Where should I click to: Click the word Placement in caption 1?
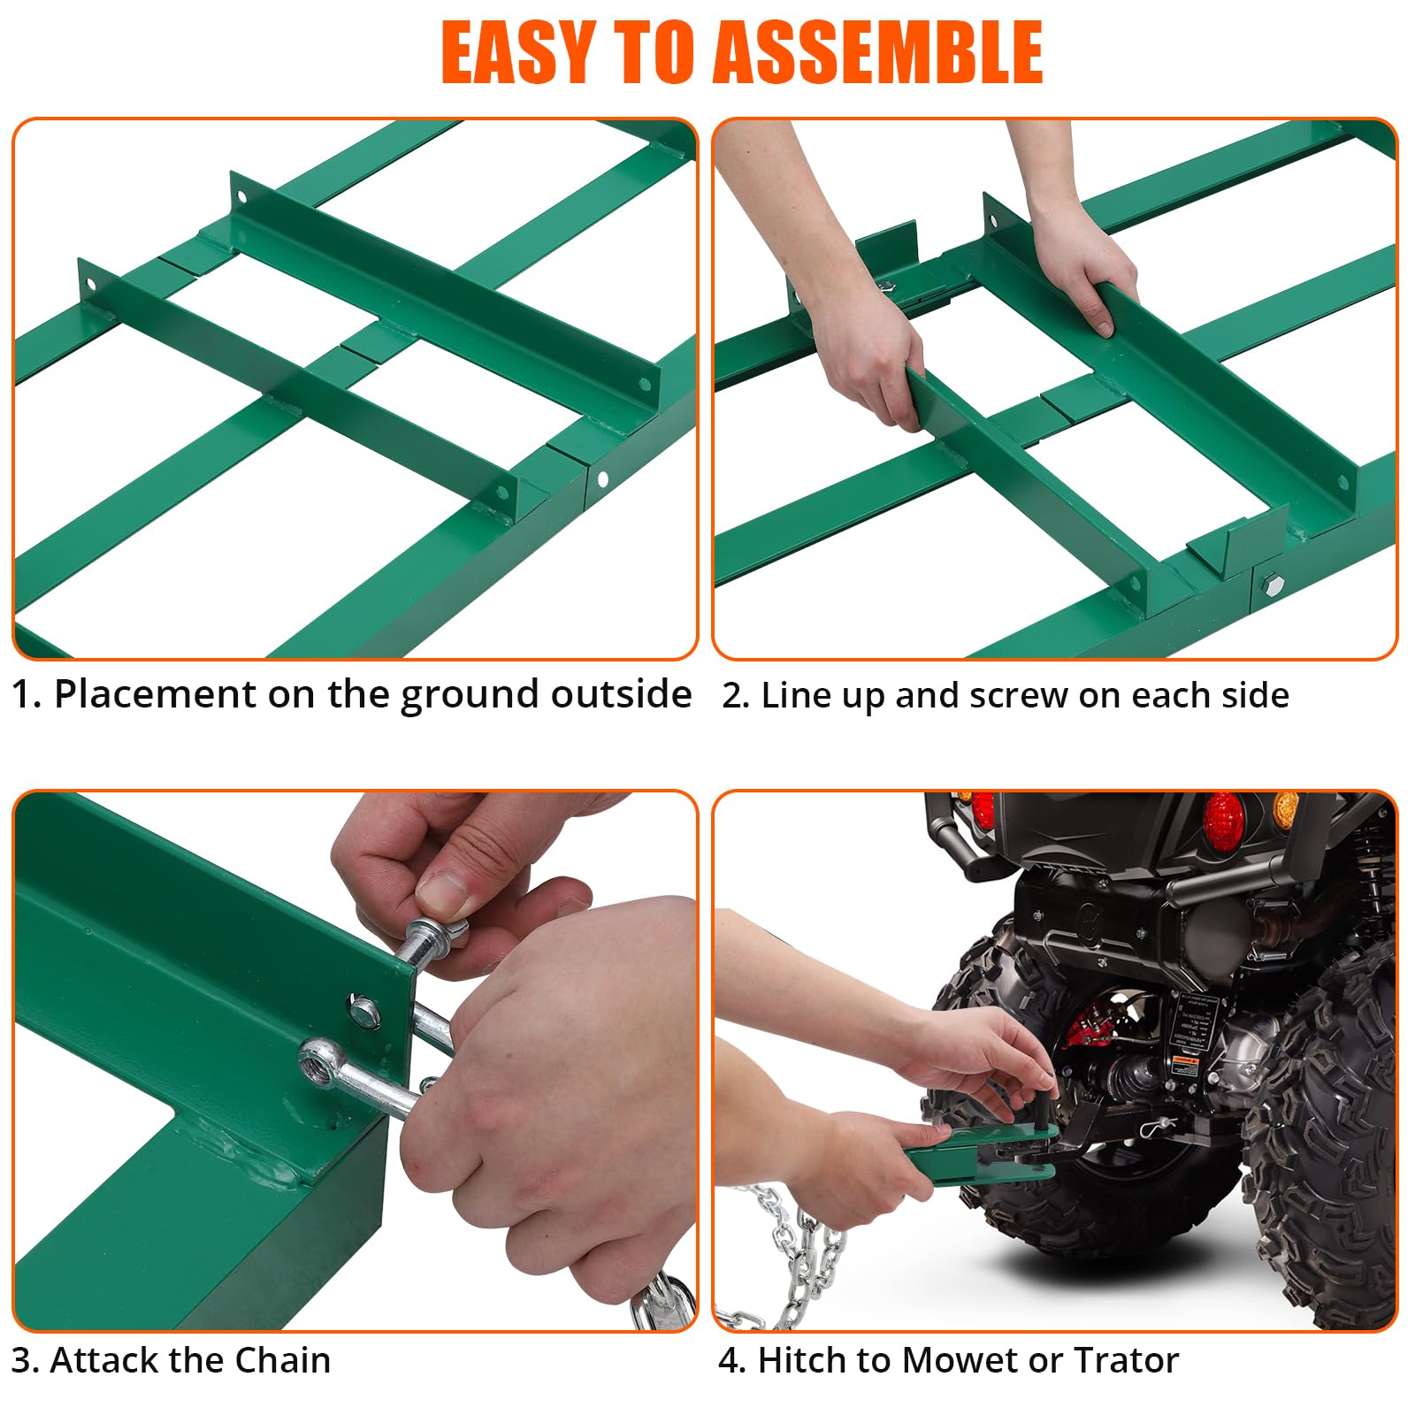[x=155, y=694]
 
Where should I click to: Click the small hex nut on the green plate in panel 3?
[x=362, y=1008]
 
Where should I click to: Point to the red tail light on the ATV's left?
[x=983, y=809]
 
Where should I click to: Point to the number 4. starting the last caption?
[x=732, y=1360]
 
